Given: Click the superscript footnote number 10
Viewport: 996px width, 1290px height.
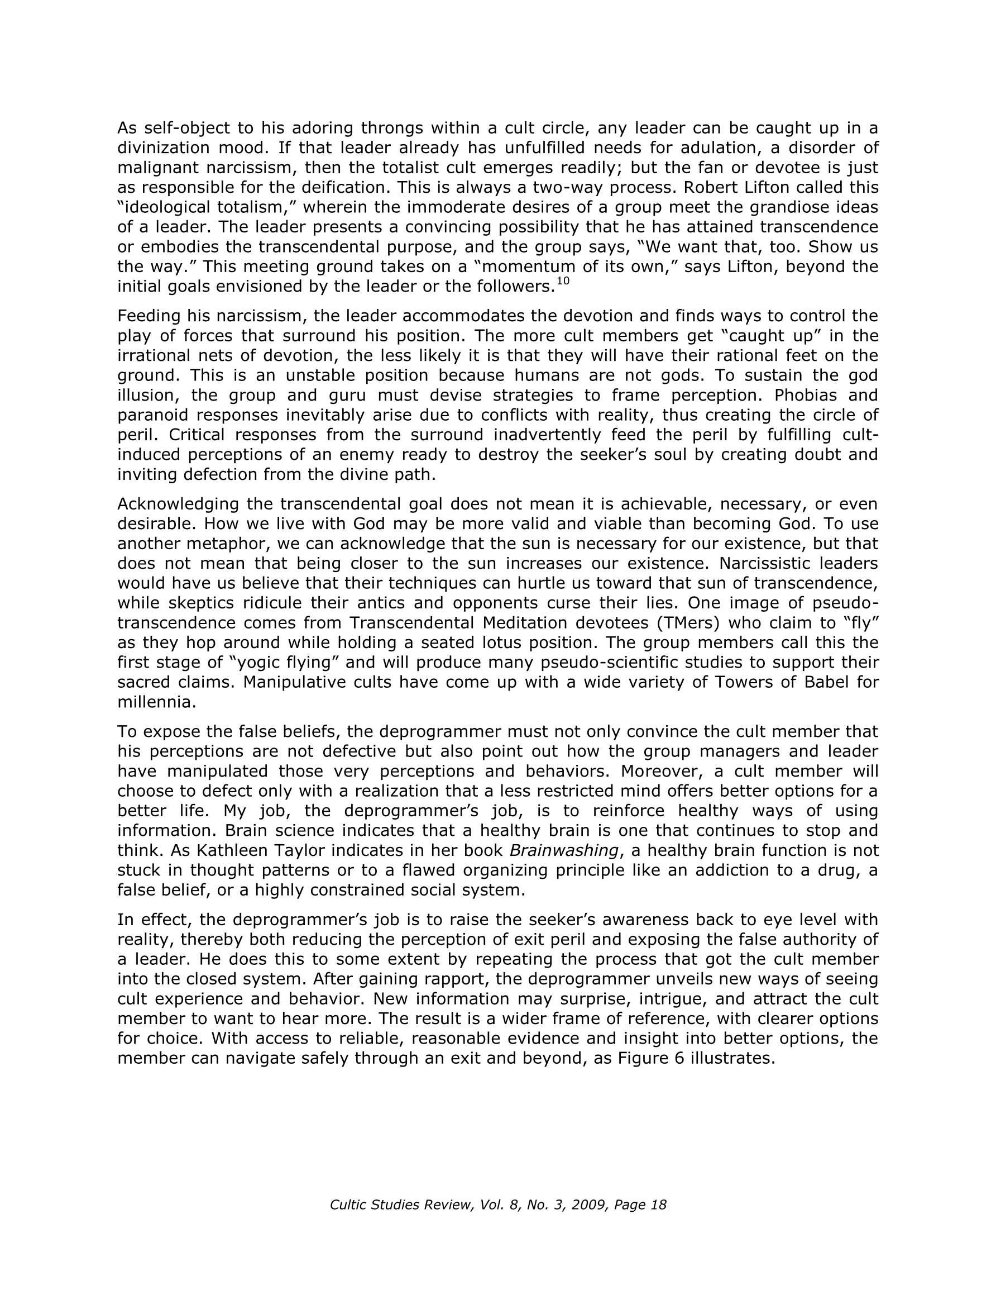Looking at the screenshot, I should [563, 281].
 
